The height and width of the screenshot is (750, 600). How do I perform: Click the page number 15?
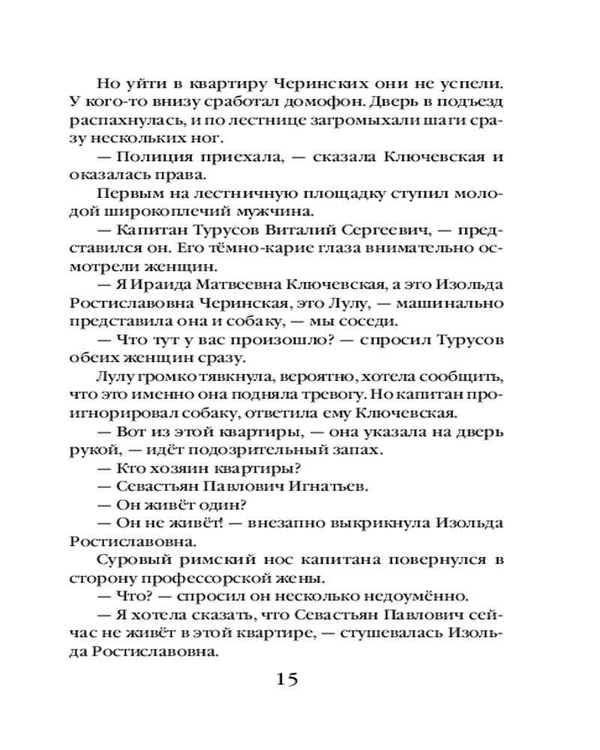tap(288, 680)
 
